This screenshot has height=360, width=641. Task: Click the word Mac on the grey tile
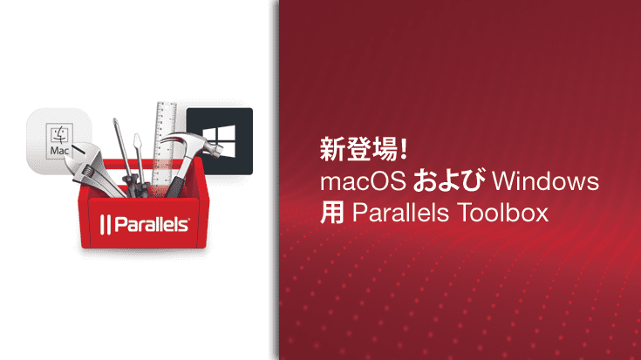[59, 151]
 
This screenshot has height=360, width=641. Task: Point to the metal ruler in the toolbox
[165, 139]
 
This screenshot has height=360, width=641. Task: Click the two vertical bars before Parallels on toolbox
[104, 224]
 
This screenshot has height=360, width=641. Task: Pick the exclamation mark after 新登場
[403, 150]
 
